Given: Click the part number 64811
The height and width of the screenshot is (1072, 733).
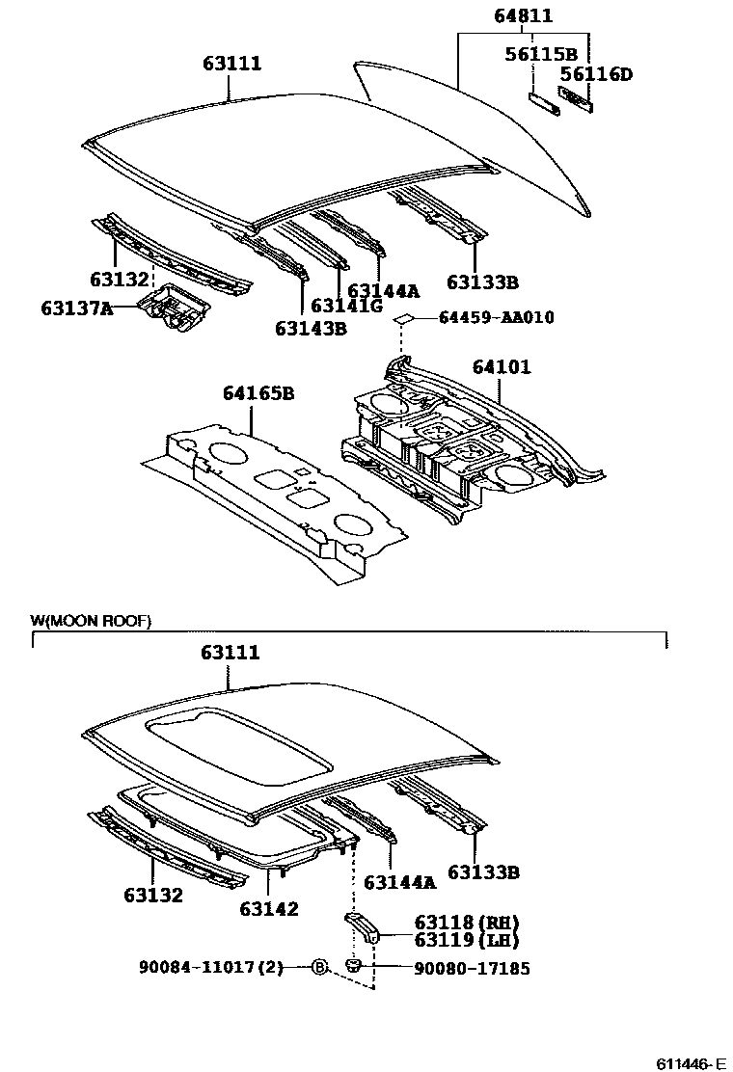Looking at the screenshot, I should [x=524, y=15].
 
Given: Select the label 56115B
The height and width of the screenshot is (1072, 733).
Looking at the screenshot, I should [x=541, y=54].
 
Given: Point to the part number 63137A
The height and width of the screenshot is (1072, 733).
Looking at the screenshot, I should [x=77, y=308].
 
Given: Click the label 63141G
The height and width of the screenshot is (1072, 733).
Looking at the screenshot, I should [x=346, y=307].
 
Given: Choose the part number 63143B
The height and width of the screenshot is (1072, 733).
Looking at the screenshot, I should [x=311, y=328].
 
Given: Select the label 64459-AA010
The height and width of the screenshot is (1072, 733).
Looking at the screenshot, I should [x=496, y=317].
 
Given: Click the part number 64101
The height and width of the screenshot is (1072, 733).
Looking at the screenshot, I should [x=501, y=367].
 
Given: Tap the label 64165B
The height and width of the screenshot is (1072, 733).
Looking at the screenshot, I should [x=258, y=393].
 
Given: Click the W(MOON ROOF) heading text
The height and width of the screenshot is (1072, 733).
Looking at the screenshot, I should [x=91, y=621].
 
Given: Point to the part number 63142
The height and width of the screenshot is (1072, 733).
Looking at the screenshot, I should [x=269, y=908].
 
